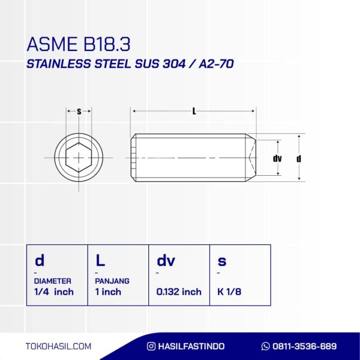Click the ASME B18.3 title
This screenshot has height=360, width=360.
point(79,44)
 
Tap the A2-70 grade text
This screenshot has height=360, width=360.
point(216,64)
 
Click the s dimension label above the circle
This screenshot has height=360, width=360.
point(79,112)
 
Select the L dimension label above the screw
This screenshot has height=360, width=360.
point(194,112)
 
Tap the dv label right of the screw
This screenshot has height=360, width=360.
point(277,158)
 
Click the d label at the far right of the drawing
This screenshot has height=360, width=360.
point(298,158)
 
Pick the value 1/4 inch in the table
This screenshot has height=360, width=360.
point(54,292)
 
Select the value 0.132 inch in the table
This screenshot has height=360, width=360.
point(179,292)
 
